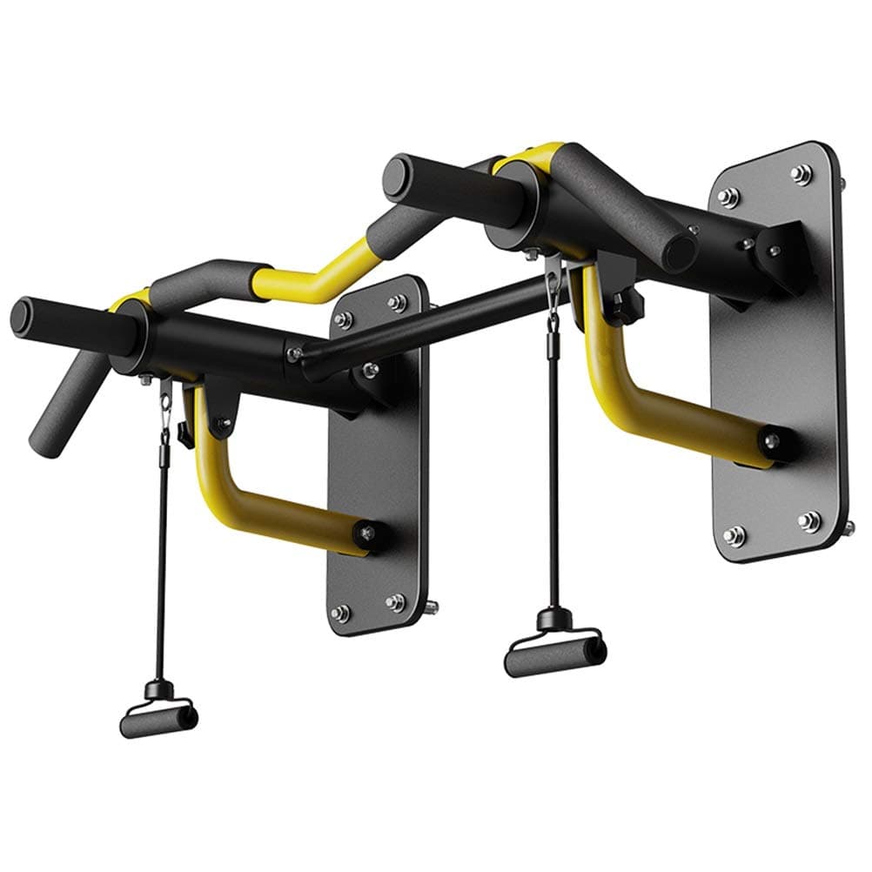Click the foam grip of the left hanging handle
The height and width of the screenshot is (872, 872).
[x=158, y=721]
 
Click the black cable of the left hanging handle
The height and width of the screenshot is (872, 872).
[x=162, y=557]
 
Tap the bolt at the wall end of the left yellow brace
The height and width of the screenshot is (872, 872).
[x=366, y=532]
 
